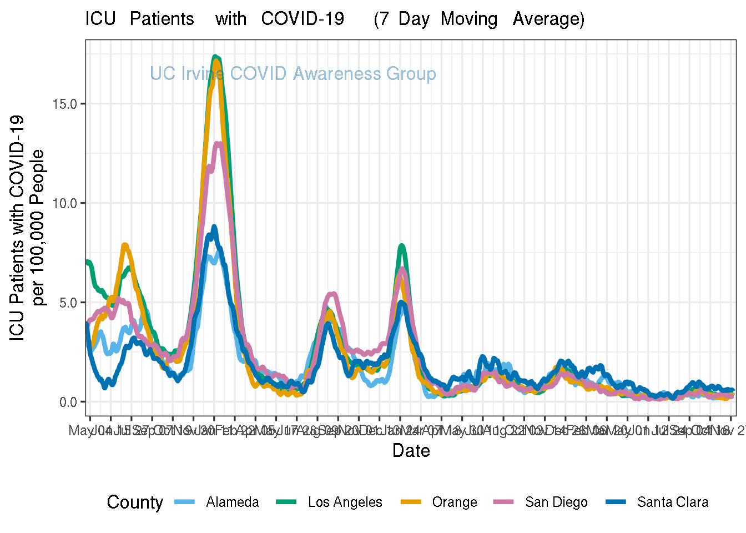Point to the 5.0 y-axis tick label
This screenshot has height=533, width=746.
point(68,303)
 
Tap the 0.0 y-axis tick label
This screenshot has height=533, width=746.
point(68,402)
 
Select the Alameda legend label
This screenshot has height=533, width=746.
point(232,502)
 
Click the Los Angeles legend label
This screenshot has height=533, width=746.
point(345,502)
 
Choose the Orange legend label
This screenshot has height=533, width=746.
point(455,502)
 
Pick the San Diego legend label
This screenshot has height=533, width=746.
point(556,502)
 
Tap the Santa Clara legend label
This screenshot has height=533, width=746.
point(673,502)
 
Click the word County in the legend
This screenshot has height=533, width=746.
point(135,502)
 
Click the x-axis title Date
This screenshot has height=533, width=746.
point(411,450)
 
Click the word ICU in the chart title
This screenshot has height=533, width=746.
point(100,19)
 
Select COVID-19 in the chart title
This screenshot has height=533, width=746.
point(303,19)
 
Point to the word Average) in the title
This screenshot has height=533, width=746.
point(548,19)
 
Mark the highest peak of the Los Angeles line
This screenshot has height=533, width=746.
point(215,56)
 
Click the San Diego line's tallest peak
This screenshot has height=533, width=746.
point(219,144)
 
